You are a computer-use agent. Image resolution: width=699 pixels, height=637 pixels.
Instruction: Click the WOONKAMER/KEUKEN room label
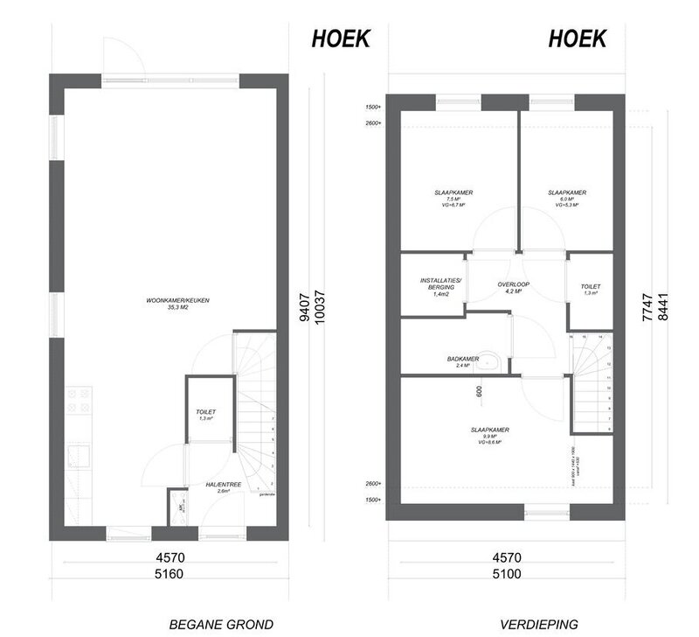178,301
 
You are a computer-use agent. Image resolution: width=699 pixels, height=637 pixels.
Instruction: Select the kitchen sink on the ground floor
78,456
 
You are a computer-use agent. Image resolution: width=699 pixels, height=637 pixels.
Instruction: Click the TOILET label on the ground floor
205,411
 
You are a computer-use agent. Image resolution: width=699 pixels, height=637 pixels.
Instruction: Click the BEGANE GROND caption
221,624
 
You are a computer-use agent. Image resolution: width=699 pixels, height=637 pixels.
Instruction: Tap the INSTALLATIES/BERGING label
433,284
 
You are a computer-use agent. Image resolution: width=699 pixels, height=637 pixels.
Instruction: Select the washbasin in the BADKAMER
496,360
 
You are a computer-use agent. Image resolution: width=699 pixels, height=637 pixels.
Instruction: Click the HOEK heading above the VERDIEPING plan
578,38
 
